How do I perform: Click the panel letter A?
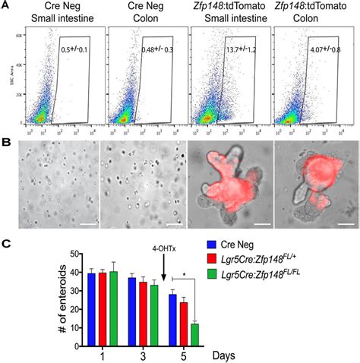(6, 6)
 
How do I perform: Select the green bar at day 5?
(195, 336)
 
